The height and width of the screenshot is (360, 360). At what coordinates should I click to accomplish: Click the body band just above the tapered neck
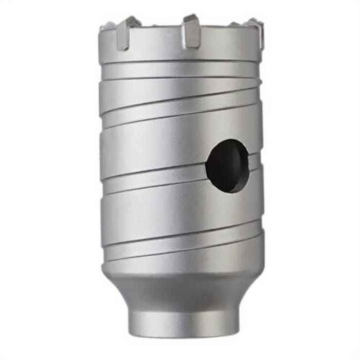click(x=180, y=260)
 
